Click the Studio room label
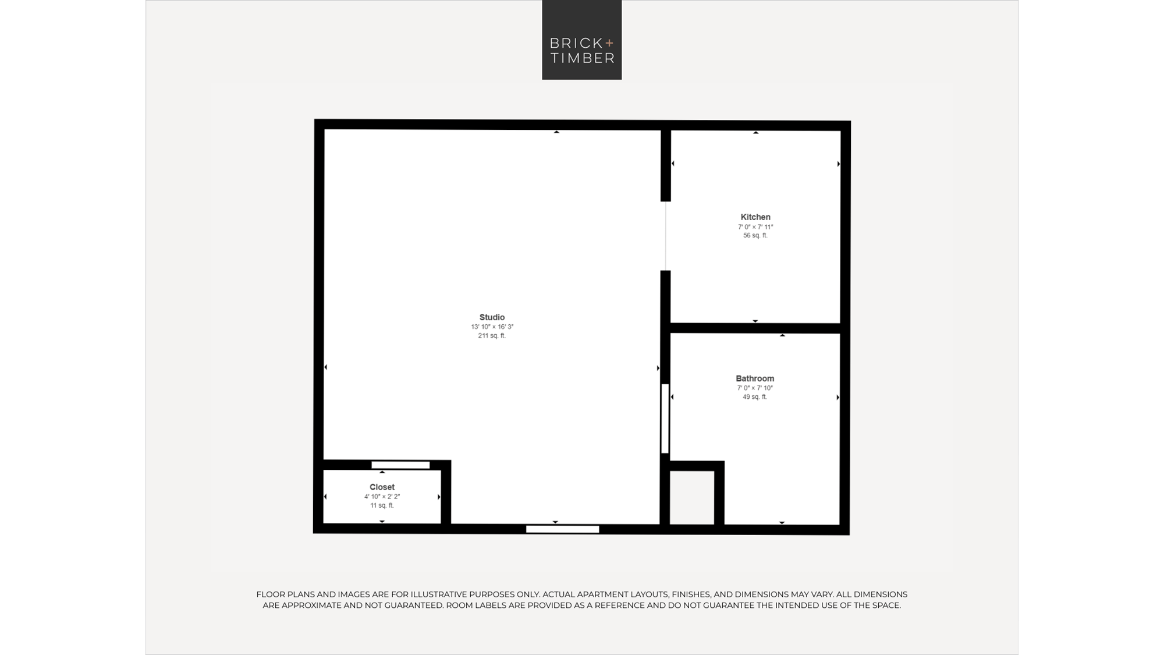492,317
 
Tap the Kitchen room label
755,217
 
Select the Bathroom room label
755,378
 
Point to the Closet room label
382,487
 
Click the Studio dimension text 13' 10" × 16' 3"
492,327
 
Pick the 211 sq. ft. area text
492,336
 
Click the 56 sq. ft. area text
755,236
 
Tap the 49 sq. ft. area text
755,397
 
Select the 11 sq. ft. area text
382,505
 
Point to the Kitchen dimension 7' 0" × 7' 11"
755,227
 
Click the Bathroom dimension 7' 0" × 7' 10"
755,388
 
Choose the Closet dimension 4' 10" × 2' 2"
382,497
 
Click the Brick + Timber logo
582,40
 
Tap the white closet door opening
400,465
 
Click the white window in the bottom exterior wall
563,529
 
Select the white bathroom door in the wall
665,419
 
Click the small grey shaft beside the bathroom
692,498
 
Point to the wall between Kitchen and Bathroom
755,328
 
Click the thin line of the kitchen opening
666,236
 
